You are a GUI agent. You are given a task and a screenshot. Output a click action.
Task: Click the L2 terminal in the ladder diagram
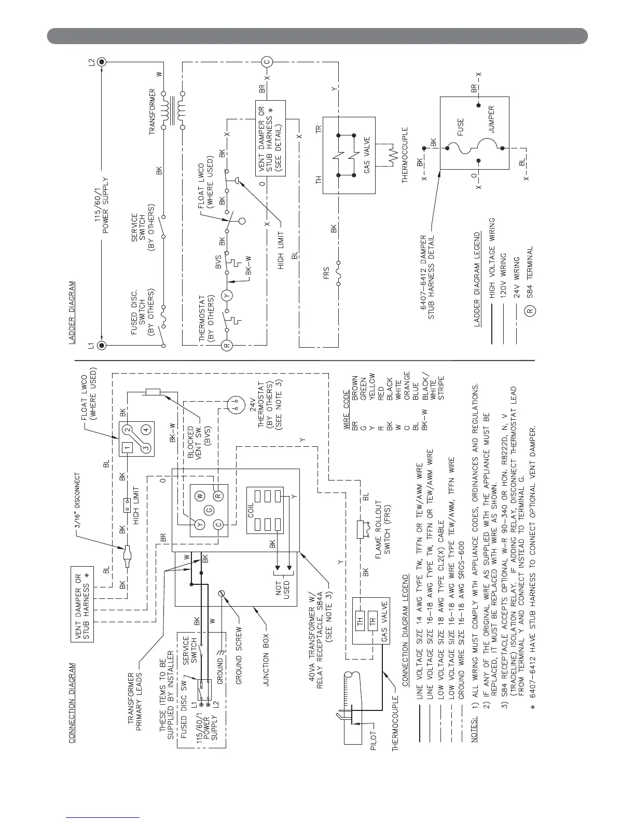click(x=102, y=62)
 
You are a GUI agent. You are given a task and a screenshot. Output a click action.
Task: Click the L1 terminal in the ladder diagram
click(x=102, y=346)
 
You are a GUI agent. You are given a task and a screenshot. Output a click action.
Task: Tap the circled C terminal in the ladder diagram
click(x=267, y=62)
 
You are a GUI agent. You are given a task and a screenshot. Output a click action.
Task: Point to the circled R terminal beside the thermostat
click(x=226, y=346)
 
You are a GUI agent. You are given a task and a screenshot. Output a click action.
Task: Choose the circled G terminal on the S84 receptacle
click(x=209, y=511)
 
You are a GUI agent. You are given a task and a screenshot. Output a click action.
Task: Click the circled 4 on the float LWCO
click(x=147, y=429)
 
